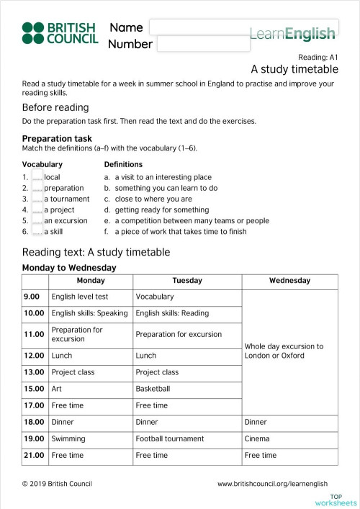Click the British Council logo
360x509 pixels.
click(60, 34)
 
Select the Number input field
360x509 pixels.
click(202, 44)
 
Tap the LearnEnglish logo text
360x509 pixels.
click(292, 33)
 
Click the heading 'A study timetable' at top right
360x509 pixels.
click(294, 70)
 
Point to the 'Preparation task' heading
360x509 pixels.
click(57, 138)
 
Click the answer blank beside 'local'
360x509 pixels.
click(37, 177)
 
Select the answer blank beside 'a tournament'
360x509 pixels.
click(37, 199)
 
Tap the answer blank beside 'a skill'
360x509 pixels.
click(37, 232)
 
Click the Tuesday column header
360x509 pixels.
click(187, 281)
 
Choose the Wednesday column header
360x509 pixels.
click(289, 281)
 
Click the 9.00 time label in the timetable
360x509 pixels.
click(32, 297)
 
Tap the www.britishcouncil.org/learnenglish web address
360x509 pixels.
click(272, 484)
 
